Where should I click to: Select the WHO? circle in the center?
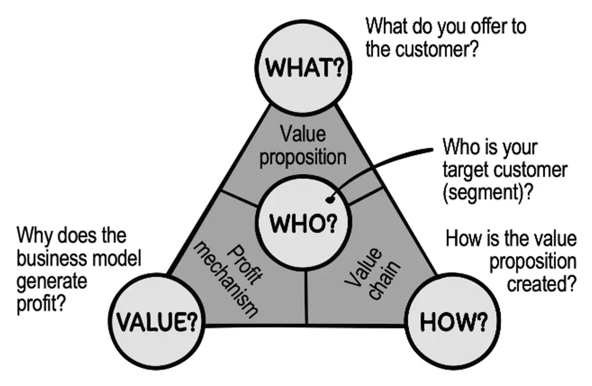click(x=304, y=223)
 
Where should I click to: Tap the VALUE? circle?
click(x=157, y=321)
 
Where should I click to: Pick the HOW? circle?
click(x=452, y=321)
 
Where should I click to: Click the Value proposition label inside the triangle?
click(x=303, y=146)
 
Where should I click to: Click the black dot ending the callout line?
click(x=330, y=200)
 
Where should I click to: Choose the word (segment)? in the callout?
click(x=488, y=192)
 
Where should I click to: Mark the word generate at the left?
click(x=52, y=281)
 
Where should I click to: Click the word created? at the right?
click(x=542, y=284)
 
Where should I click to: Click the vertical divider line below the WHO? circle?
click(x=306, y=297)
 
